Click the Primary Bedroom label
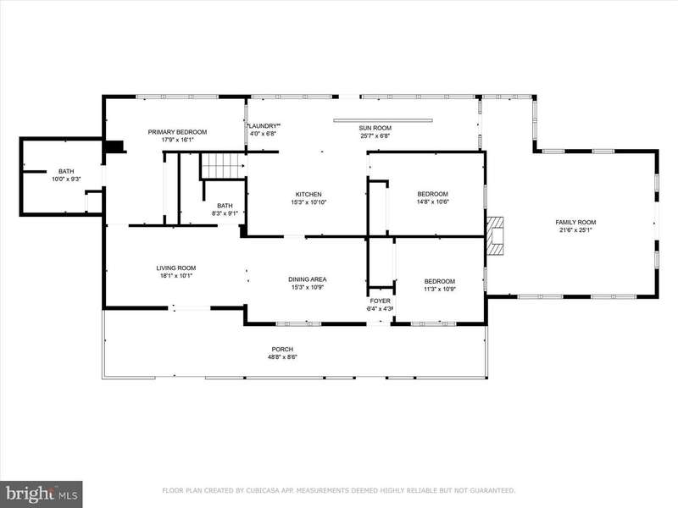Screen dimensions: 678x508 pos(177,132)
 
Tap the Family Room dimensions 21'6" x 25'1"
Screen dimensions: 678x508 pos(575,230)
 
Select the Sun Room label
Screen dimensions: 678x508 pos(375,128)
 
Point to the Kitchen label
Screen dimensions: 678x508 pos(308,195)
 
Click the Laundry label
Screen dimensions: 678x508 pos(264,126)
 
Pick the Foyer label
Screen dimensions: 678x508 pos(380,301)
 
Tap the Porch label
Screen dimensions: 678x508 pos(282,349)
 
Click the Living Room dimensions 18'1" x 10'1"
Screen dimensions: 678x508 pos(176,276)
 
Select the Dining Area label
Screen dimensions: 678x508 pos(308,279)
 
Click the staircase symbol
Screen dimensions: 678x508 pos(223,166)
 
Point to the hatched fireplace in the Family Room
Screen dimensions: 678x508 pos(495,236)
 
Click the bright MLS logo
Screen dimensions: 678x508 pos(42,494)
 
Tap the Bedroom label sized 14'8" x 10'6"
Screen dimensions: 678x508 pos(432,194)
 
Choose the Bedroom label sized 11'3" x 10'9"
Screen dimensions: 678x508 pos(440,281)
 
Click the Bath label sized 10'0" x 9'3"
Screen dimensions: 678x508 pos(66,172)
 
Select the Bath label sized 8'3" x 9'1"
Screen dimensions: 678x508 pos(225,206)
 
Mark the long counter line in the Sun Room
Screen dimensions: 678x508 pos(383,120)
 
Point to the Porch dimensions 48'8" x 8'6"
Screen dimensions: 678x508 pos(282,356)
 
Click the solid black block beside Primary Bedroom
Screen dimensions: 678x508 pos(114,146)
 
